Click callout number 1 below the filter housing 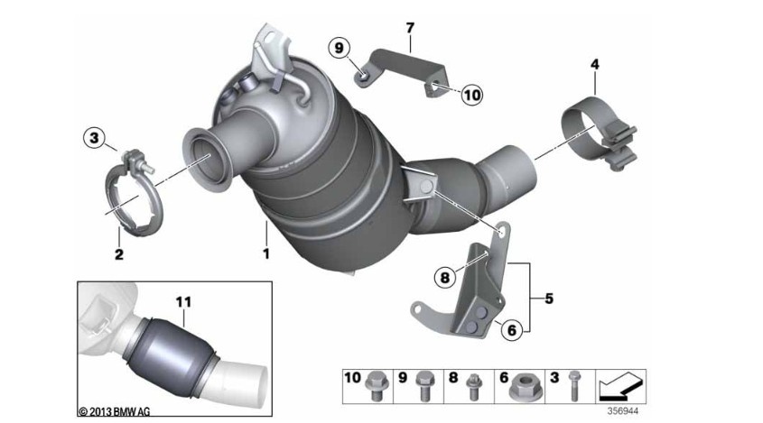pyautogui.click(x=266, y=254)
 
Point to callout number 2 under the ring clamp pyautogui.click(x=118, y=255)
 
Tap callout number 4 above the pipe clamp pyautogui.click(x=594, y=64)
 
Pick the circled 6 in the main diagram pyautogui.click(x=511, y=330)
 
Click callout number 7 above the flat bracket pyautogui.click(x=409, y=28)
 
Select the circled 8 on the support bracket pyautogui.click(x=444, y=279)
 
